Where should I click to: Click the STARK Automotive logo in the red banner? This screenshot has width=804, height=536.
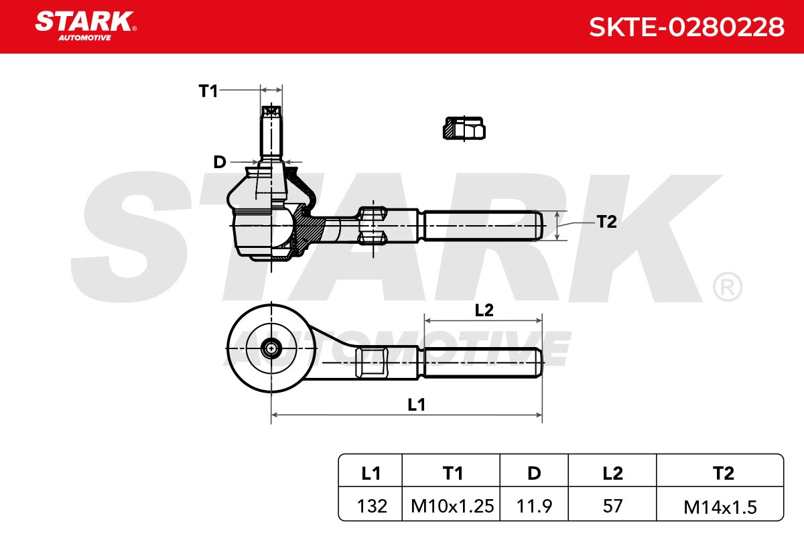(x=86, y=26)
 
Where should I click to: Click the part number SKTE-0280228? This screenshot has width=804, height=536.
(x=687, y=27)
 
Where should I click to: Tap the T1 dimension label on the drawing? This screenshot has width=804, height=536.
(x=208, y=91)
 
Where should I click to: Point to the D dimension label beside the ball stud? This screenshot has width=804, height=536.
(x=220, y=162)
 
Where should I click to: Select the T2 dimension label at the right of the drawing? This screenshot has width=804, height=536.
(x=606, y=222)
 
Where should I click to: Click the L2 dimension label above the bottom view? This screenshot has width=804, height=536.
(x=484, y=310)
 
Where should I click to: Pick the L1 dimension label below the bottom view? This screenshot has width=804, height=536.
(x=416, y=405)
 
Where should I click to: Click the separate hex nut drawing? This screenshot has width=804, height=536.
(x=464, y=128)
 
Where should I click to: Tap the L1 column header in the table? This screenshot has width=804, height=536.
(x=371, y=473)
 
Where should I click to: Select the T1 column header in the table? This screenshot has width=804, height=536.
(x=452, y=473)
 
